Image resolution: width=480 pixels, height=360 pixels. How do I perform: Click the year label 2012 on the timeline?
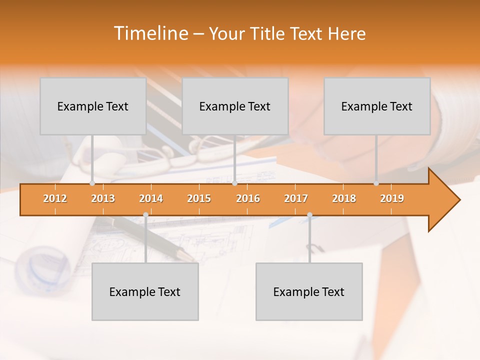tap(55, 198)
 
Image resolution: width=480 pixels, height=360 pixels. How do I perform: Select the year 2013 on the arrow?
tap(103, 198)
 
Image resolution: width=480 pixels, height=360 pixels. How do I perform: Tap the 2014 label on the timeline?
tap(151, 198)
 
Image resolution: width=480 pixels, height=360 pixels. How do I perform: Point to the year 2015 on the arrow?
tap(199, 198)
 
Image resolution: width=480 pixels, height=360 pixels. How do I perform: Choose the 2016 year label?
tap(248, 198)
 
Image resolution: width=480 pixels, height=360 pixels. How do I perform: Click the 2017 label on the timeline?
tap(296, 198)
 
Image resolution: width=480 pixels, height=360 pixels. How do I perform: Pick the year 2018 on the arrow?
tap(344, 198)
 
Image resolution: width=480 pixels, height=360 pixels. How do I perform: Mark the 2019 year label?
tap(392, 198)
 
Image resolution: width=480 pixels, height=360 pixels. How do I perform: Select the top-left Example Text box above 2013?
tap(93, 106)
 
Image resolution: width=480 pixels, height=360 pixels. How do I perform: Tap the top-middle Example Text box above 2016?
tap(235, 106)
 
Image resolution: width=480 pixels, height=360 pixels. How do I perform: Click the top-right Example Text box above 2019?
tap(377, 106)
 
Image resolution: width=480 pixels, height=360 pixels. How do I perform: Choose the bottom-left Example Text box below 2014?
tap(145, 291)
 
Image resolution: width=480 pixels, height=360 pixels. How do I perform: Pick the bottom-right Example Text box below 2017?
tap(309, 291)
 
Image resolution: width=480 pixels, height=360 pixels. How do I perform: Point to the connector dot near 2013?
tap(92, 183)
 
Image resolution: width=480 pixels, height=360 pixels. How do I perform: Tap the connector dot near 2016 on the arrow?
tap(235, 183)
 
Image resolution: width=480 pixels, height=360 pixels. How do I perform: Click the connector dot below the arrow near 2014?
tap(145, 214)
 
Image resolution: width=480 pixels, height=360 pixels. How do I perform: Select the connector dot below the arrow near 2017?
tap(309, 214)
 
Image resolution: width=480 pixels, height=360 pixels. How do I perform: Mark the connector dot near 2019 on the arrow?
tap(376, 183)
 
